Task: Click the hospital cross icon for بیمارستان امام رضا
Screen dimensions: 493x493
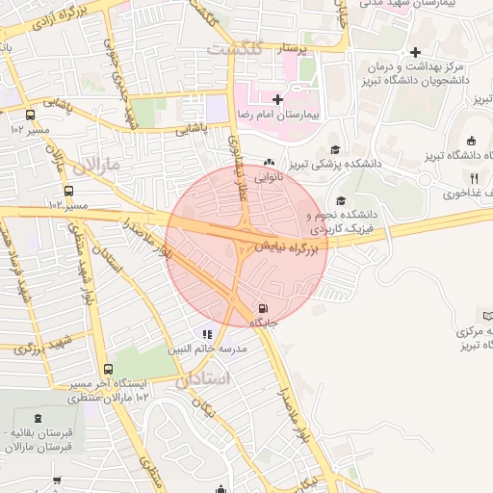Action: tap(277, 99)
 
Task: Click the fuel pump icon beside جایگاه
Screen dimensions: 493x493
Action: tap(263, 308)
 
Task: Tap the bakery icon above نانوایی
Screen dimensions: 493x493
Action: tap(269, 163)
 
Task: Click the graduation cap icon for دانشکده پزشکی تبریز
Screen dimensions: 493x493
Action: tap(334, 149)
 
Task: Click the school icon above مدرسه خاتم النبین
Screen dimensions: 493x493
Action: tap(206, 334)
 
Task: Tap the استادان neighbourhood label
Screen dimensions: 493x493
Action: tap(205, 380)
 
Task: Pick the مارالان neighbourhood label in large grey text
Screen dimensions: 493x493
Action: tap(99, 165)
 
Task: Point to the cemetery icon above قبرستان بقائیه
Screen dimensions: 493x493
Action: tap(38, 417)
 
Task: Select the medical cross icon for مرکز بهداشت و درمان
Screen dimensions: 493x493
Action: tap(414, 52)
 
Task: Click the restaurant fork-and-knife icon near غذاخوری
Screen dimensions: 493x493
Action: tap(473, 177)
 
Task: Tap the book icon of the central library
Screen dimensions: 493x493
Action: tap(487, 316)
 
